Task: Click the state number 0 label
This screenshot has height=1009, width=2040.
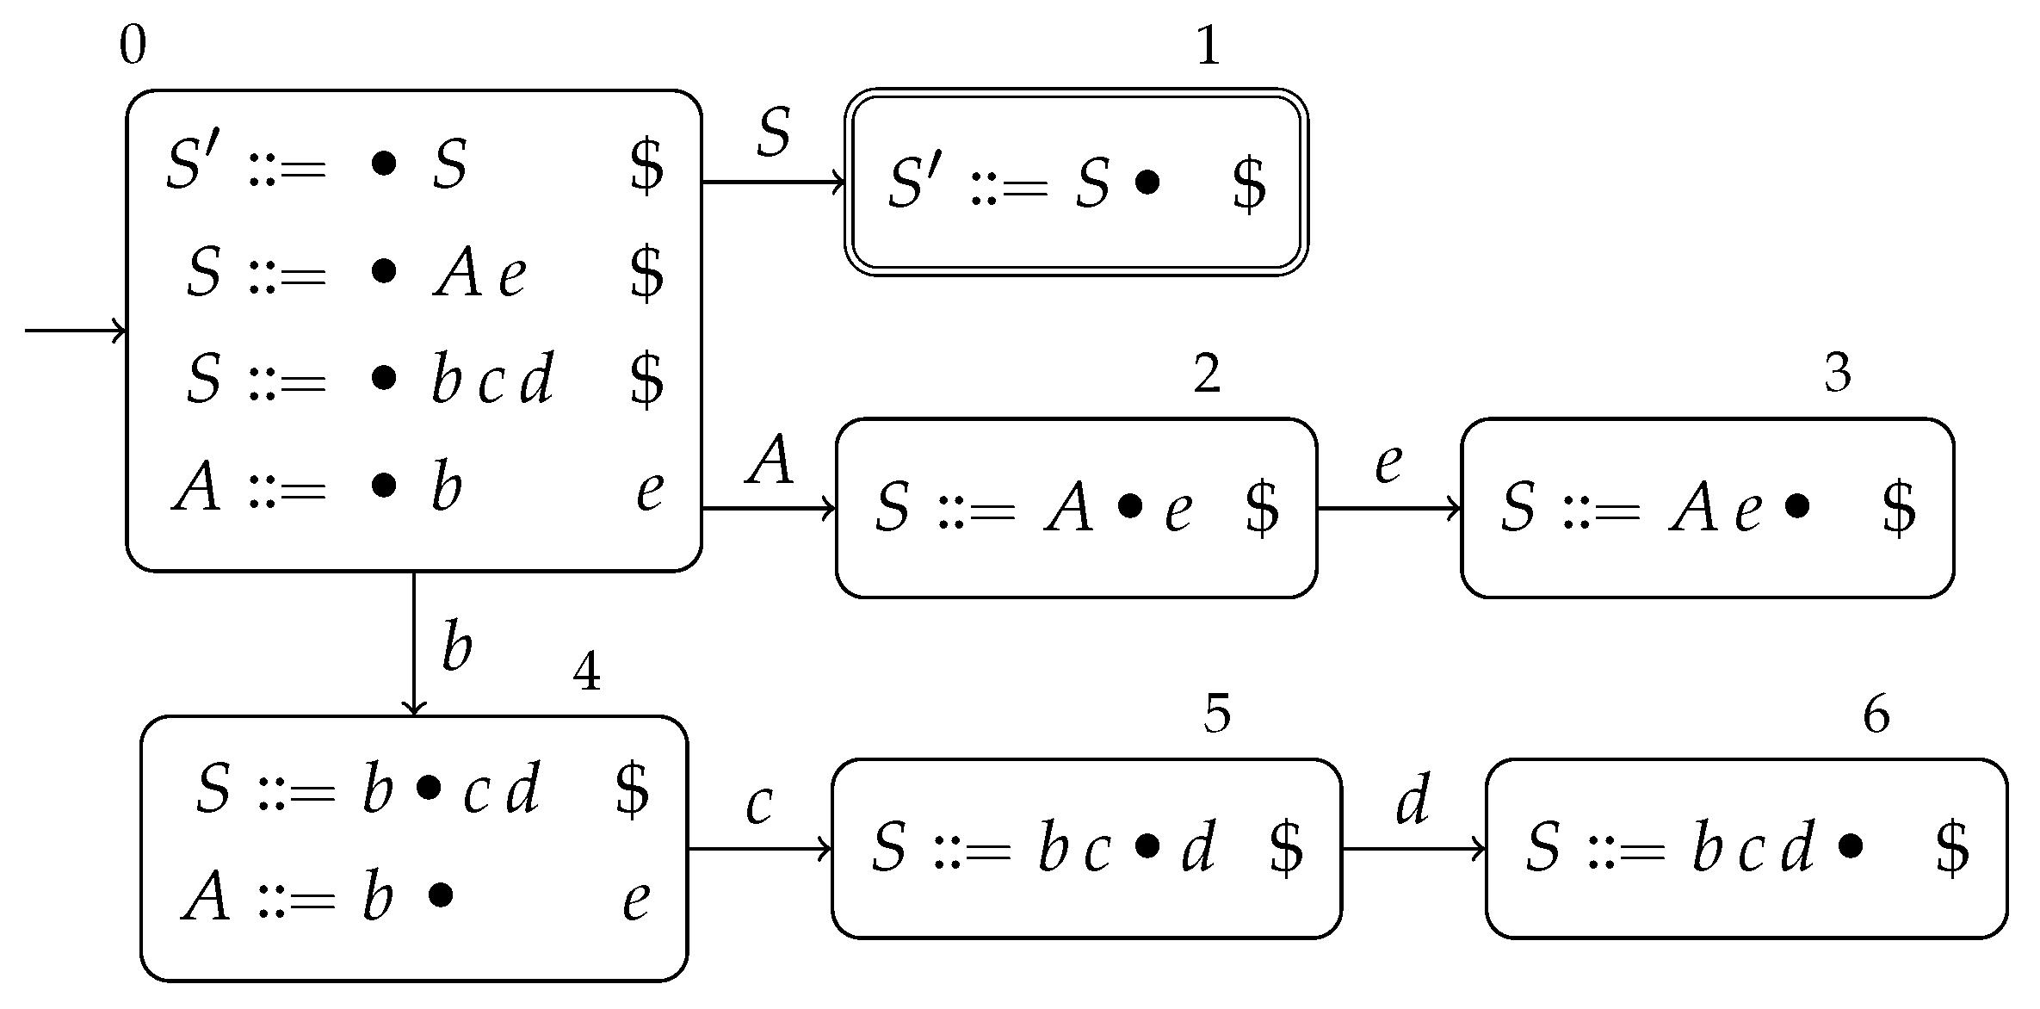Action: point(133,46)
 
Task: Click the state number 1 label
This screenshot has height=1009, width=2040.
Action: point(1209,46)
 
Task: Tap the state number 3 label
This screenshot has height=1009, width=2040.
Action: point(1838,373)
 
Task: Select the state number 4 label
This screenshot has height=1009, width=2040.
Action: point(586,672)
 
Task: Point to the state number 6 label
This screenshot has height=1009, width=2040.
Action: point(1876,715)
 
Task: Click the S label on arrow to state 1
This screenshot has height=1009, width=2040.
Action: point(773,133)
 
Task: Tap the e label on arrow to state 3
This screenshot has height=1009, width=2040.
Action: point(1388,463)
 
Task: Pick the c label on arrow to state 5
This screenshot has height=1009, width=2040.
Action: point(759,805)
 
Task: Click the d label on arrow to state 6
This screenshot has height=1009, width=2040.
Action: point(1413,799)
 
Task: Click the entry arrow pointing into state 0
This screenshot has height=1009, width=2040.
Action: point(76,331)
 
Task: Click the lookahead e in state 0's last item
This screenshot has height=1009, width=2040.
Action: point(650,491)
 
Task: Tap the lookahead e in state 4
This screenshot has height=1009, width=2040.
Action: point(636,901)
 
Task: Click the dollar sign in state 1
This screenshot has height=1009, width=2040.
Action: point(1249,183)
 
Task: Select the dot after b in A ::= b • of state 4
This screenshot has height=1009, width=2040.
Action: point(440,896)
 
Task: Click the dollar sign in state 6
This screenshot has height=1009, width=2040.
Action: point(1952,847)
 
